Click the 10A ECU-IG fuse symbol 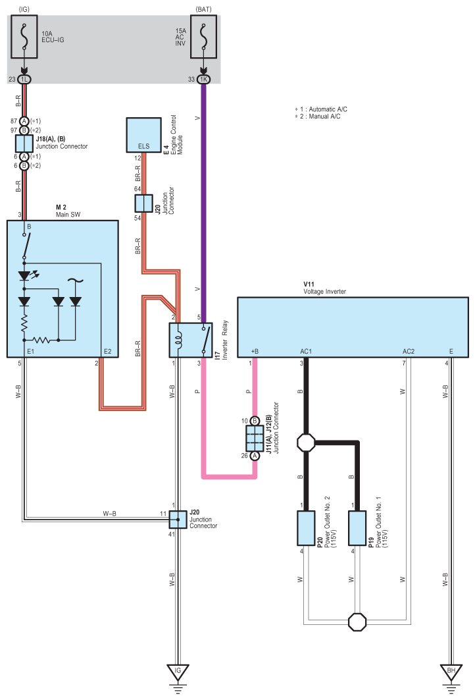(24, 37)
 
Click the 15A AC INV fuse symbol (204, 37)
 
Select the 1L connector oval (24, 79)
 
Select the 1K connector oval (204, 79)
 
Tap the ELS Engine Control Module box (143, 135)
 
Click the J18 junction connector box (24, 144)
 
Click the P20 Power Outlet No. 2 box (306, 528)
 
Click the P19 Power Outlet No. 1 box (357, 528)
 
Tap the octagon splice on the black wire (306, 443)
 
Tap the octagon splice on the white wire (357, 622)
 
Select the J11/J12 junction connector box (255, 438)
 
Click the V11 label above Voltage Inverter (309, 284)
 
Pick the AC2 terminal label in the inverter (409, 352)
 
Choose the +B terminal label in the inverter (255, 352)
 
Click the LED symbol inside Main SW (26, 275)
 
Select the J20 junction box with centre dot (178, 520)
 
